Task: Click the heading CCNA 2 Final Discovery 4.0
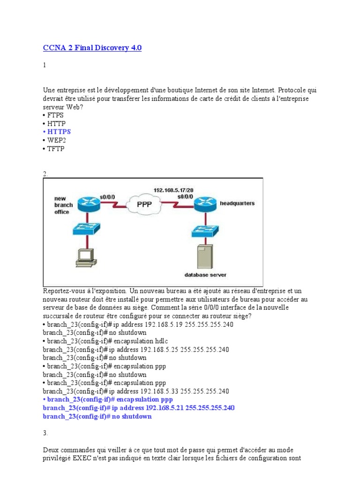click(x=92, y=48)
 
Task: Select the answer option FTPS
click(x=55, y=115)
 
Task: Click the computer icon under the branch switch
click(x=86, y=255)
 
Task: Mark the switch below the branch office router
click(x=86, y=229)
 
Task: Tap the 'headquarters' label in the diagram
click(x=237, y=203)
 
